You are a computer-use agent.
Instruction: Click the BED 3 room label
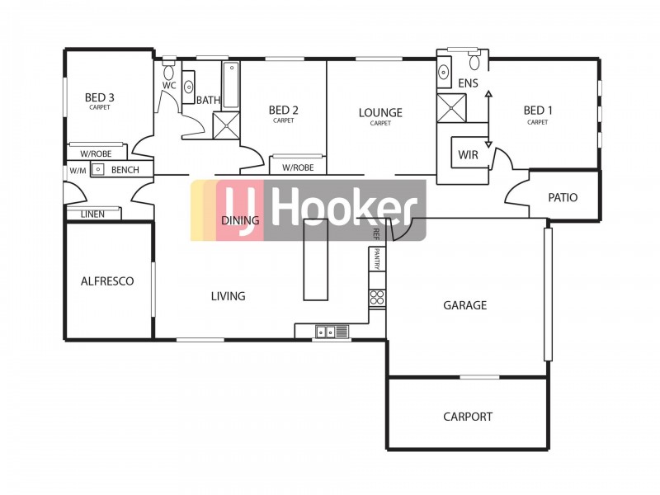tap(100, 97)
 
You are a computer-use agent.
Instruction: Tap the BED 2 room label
tap(283, 111)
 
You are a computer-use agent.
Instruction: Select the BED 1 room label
tap(537, 111)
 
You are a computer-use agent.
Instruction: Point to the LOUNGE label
tap(380, 113)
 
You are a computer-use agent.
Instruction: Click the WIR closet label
tap(469, 154)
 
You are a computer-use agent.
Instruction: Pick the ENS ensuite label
tap(469, 83)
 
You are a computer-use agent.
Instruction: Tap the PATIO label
tap(563, 198)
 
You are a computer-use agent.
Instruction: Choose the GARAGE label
tap(464, 305)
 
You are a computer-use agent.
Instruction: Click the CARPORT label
tap(467, 417)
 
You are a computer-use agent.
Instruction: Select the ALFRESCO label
tap(107, 281)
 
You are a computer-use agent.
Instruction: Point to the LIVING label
tap(228, 296)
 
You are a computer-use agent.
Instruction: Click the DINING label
tap(241, 221)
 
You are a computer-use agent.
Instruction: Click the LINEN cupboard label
tap(92, 214)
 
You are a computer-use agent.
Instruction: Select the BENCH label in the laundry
tap(125, 170)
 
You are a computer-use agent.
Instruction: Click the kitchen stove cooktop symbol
tap(377, 298)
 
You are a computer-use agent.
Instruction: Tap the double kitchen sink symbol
tap(324, 332)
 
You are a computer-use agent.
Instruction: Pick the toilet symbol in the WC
tap(169, 64)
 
